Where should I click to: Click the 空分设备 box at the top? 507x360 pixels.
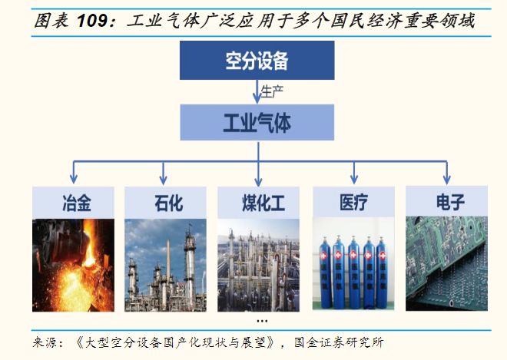click(257, 61)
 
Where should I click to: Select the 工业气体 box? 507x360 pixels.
click(257, 122)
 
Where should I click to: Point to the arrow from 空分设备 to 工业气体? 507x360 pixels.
click(257, 91)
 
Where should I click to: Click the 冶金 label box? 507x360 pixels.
click(73, 203)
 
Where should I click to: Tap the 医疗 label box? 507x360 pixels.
click(352, 203)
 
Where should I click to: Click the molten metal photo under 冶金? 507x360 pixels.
click(73, 265)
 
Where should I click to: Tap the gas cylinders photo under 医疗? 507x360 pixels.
click(352, 265)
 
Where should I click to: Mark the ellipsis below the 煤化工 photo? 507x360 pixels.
click(262, 319)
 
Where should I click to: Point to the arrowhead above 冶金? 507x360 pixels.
click(73, 178)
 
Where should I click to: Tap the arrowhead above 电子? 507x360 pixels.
click(446, 178)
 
